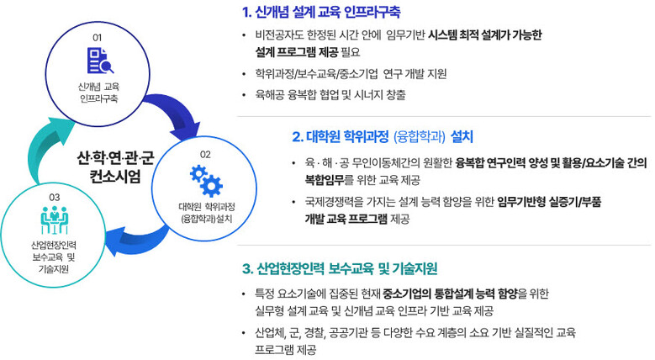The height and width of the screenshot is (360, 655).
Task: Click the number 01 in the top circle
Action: pyautogui.click(x=97, y=38)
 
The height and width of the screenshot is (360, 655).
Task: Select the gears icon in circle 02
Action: pyautogui.click(x=205, y=180)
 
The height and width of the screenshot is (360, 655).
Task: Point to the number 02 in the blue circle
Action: pyautogui.click(x=205, y=154)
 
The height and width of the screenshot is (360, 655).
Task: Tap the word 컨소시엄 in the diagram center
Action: pyautogui.click(x=114, y=177)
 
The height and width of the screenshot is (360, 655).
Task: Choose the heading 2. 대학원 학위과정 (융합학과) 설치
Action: pyautogui.click(x=383, y=135)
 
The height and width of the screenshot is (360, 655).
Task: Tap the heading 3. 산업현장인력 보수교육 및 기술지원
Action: pyautogui.click(x=339, y=269)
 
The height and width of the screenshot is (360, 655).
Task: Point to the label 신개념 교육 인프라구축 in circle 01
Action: pyautogui.click(x=97, y=93)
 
